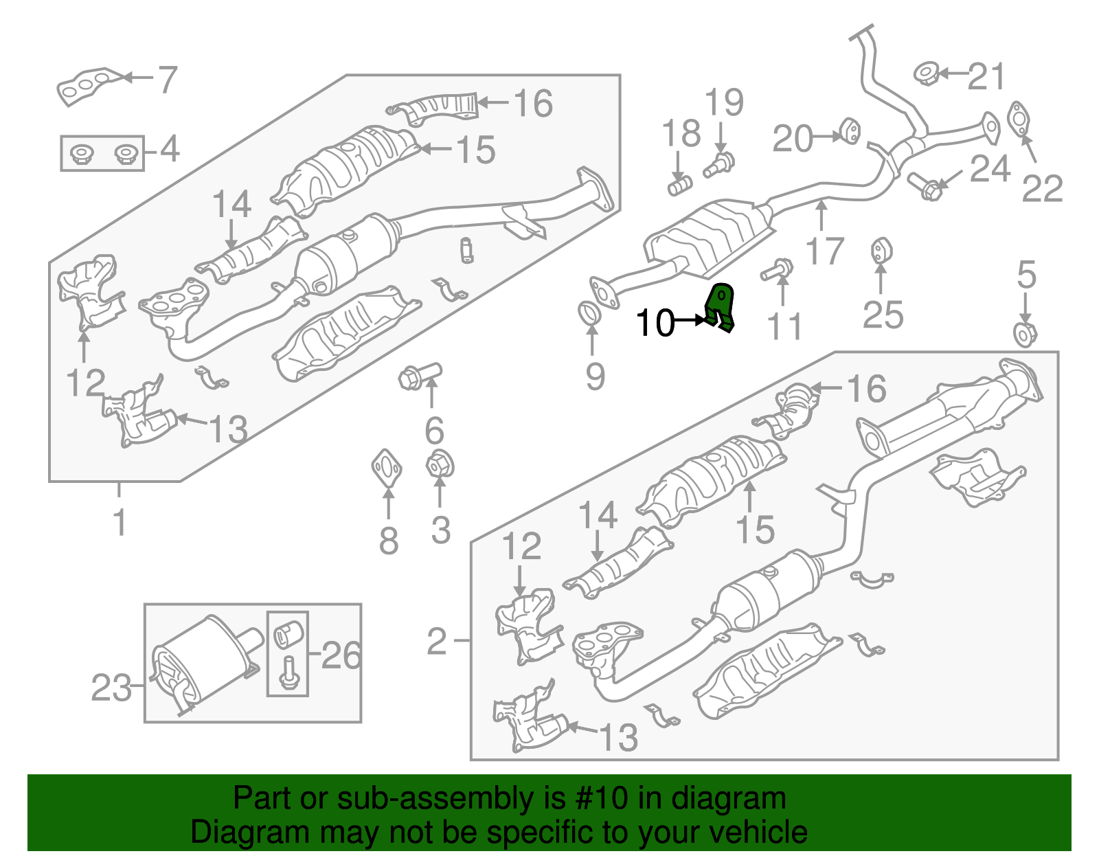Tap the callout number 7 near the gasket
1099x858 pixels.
coord(167,80)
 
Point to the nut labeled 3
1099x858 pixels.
coord(440,465)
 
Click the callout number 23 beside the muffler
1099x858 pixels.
coord(111,688)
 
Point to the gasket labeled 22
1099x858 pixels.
coord(1019,118)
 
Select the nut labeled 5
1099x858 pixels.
coord(1025,335)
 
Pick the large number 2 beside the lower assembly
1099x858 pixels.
coord(437,642)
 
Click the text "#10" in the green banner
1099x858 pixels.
coord(597,798)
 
